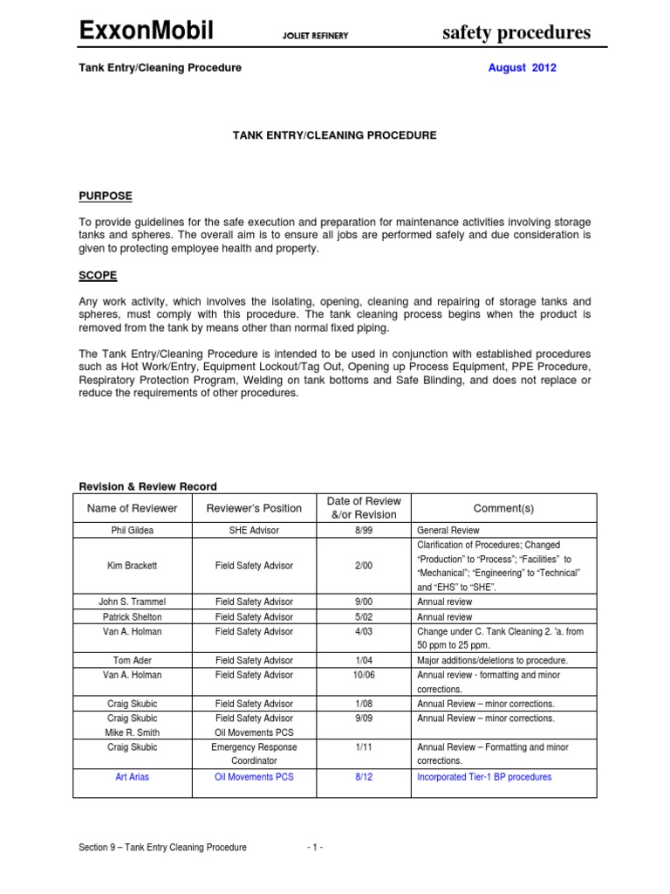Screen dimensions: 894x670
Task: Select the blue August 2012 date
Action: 523,68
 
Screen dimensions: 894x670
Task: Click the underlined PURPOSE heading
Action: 106,196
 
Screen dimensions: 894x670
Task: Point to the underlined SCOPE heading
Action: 99,275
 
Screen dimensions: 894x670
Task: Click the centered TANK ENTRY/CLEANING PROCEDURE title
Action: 334,135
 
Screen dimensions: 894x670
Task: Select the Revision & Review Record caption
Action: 148,486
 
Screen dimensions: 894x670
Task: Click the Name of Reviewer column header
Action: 133,508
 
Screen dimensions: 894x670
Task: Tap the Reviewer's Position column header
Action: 254,508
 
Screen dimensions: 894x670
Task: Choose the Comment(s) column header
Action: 503,508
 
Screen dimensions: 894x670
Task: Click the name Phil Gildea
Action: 132,530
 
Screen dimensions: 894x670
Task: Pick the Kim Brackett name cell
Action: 132,566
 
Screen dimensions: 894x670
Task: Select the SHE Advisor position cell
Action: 254,530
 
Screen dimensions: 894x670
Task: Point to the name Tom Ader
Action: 132,661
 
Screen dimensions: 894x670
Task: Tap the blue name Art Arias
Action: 132,777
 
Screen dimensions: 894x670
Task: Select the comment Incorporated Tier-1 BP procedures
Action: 484,777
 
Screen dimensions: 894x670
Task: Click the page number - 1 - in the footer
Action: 316,847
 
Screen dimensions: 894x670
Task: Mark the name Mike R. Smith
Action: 132,732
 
